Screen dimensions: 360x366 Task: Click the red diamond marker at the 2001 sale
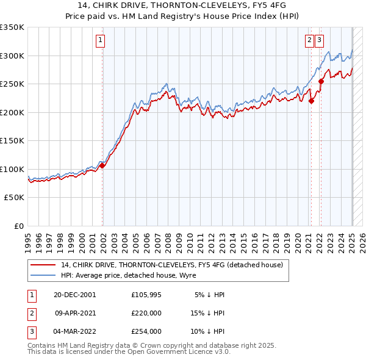(102, 165)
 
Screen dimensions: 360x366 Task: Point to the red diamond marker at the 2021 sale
(311, 101)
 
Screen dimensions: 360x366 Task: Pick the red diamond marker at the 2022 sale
(321, 82)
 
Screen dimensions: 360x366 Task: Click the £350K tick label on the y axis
(12, 27)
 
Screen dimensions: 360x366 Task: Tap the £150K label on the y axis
(12, 141)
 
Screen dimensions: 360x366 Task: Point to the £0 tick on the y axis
(20, 226)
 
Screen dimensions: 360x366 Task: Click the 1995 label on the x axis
(28, 239)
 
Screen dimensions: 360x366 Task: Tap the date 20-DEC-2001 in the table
(74, 294)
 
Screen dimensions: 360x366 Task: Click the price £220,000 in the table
(146, 313)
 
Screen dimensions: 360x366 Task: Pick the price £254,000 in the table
(146, 332)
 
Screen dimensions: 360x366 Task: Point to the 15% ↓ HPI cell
(207, 313)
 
